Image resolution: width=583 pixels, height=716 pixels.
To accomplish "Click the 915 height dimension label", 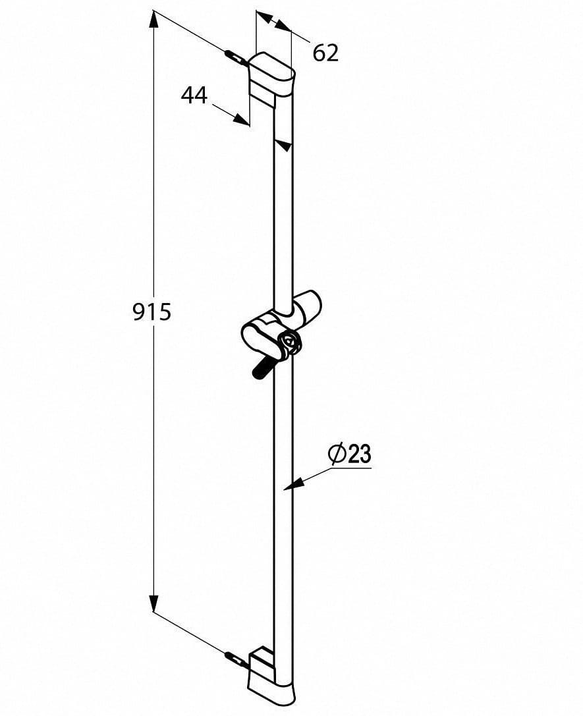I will coord(152,312).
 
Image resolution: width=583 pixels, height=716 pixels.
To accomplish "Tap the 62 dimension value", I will coord(325,53).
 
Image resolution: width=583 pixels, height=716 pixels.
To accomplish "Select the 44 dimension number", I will coord(194,96).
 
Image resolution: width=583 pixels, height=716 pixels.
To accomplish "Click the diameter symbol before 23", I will coord(337,454).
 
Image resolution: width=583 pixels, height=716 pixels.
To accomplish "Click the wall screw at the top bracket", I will coord(235,57).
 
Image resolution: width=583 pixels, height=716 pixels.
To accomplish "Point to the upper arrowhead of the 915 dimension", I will coord(153,20).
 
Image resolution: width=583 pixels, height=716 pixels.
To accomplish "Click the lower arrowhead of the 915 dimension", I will coord(153,603).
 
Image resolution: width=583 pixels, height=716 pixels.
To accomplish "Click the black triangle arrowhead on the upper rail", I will coord(283,145).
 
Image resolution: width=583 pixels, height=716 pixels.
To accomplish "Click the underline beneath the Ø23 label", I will coord(349,468).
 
